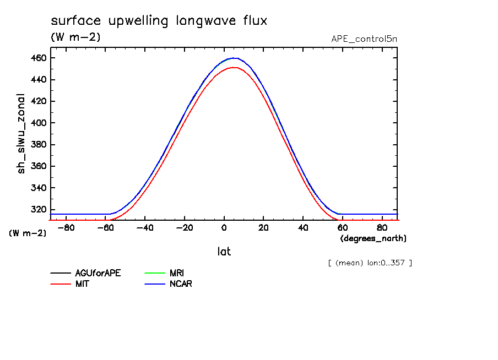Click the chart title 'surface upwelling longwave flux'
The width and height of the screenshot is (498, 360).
[x=159, y=21]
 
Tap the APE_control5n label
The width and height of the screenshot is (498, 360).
[x=364, y=39]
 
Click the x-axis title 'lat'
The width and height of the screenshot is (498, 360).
[x=224, y=252]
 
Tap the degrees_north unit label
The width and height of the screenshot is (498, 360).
[x=373, y=238]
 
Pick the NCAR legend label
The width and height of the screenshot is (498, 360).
[x=181, y=284]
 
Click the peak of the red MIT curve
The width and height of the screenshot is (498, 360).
[x=234, y=68]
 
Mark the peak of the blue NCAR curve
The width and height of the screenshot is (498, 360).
[x=234, y=58]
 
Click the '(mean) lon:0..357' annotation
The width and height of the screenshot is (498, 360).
[x=370, y=263]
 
